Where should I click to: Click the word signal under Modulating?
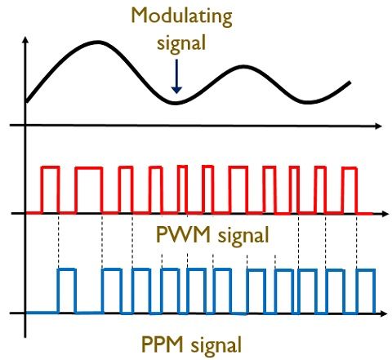[181, 43]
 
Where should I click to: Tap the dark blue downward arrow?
[176, 77]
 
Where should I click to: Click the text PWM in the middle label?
[184, 234]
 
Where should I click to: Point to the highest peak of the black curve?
[97, 42]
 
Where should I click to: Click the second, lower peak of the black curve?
[244, 66]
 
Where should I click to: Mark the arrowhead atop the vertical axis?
[25, 40]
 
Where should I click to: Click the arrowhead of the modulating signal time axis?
[378, 126]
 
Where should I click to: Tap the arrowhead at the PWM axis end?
[385, 214]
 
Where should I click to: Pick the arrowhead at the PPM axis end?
[383, 313]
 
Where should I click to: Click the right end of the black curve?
[350, 82]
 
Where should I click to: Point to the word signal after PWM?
[243, 236]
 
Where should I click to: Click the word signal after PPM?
[216, 345]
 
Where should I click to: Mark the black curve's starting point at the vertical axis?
[27, 102]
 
